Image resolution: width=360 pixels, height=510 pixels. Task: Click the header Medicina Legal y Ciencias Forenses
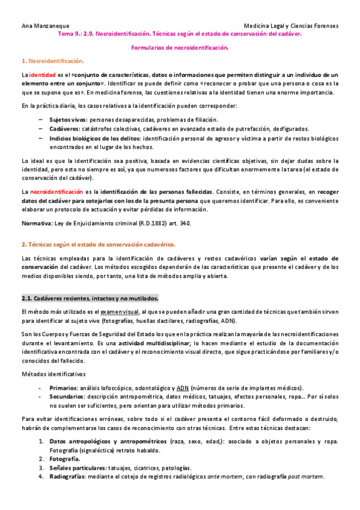tap(292, 26)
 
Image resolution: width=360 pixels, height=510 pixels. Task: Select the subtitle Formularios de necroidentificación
tap(180, 48)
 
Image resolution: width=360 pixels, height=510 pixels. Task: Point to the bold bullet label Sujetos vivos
tap(68, 120)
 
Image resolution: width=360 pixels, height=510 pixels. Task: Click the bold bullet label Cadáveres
tap(64, 129)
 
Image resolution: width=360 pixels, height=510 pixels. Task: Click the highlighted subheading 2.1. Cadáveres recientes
tap(90, 298)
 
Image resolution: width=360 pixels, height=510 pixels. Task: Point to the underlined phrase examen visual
tap(119, 312)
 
